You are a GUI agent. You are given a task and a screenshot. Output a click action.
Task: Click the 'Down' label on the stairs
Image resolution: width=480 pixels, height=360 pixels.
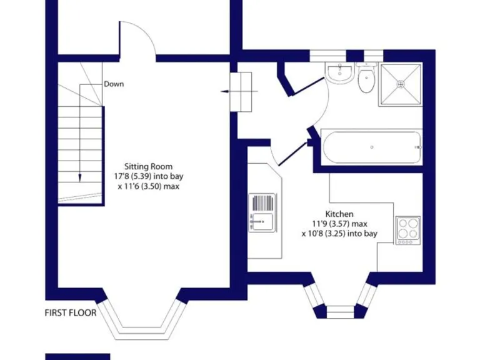tap(114, 84)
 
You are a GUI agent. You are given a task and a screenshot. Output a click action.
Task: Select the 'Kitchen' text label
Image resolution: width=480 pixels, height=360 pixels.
tap(339, 214)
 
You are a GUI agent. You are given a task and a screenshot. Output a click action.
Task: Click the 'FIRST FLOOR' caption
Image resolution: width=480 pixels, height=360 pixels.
tap(71, 312)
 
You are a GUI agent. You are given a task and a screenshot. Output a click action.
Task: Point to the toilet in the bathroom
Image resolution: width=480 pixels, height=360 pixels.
tap(366, 80)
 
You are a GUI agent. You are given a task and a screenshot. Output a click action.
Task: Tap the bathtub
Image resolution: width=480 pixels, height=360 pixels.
tap(371, 147)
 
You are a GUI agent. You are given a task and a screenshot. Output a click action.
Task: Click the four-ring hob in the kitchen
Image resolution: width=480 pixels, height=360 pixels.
tap(407, 229)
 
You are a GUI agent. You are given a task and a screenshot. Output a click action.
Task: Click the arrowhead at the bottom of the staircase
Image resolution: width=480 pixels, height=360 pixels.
tap(80, 179)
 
